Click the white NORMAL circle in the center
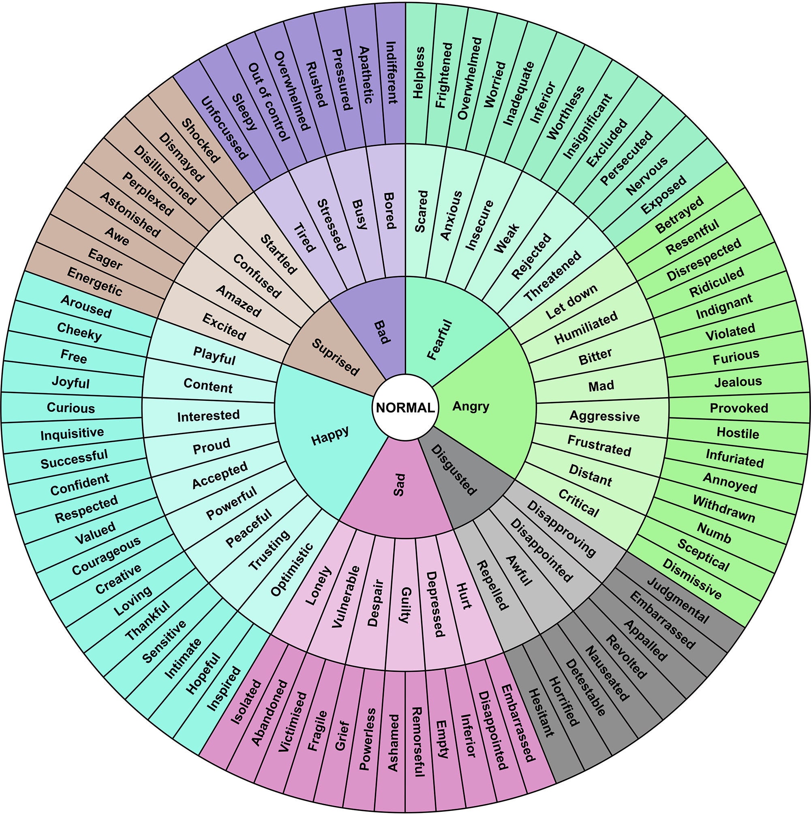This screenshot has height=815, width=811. pos(405,407)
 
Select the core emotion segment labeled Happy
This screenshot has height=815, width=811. pos(330,435)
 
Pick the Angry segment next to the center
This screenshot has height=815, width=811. pos(471,406)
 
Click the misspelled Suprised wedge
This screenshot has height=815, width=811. pos(335,357)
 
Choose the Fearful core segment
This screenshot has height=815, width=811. pos(440,340)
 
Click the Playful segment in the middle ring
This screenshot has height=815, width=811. pos(214,356)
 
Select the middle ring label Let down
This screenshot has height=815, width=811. pos(571,301)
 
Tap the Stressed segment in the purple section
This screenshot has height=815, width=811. pos(331,225)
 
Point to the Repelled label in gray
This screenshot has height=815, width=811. pos(492,585)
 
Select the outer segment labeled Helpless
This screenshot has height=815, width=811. pos(418,73)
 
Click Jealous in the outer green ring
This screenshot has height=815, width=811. pos(738,382)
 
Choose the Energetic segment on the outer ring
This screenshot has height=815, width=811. pos(94,282)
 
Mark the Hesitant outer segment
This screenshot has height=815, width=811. pos(541,712)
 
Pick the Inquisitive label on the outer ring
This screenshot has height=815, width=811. pos(72,433)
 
